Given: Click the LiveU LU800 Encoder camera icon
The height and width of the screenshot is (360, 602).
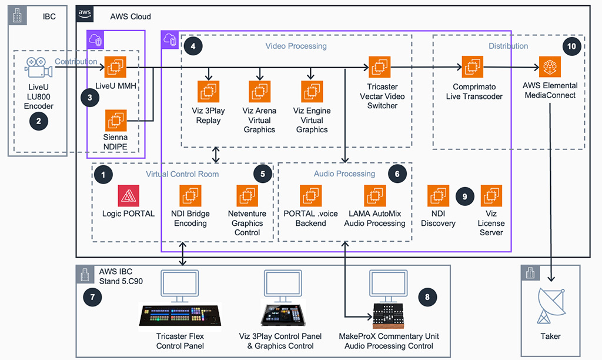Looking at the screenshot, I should [x=38, y=68].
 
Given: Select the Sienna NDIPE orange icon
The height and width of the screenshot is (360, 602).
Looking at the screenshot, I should [x=116, y=121].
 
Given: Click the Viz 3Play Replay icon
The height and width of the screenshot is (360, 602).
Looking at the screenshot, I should [x=208, y=92].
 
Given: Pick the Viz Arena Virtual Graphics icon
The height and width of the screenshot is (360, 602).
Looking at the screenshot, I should [x=259, y=92].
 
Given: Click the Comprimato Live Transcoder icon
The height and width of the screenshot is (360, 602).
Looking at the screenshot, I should [x=473, y=68].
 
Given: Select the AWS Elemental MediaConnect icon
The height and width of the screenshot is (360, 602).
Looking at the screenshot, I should [x=550, y=68].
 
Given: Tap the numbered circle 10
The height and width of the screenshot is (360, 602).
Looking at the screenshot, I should [x=571, y=47].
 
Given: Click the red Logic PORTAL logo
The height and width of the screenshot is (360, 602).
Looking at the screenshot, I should [x=128, y=196].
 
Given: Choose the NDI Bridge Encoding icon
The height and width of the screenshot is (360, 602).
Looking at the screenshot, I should [x=190, y=196].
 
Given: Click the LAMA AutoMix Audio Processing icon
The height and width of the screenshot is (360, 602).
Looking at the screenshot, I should [x=375, y=196].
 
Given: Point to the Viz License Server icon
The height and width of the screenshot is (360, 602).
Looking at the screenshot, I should [x=491, y=196].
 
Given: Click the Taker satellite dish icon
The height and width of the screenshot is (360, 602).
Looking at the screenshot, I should [x=550, y=306].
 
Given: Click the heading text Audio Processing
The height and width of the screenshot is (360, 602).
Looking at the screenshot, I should [x=345, y=174].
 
